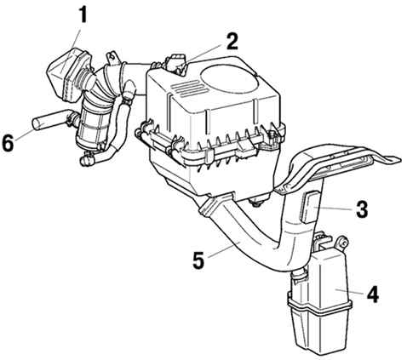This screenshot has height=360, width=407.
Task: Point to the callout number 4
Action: (x=372, y=294)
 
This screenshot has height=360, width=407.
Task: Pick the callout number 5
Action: (x=198, y=260)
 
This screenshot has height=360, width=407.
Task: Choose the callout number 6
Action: (x=8, y=143)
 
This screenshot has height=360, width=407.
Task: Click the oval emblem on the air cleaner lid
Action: (x=229, y=76)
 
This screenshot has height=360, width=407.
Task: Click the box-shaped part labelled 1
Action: (x=68, y=74)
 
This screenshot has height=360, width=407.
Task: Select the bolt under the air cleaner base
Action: (x=257, y=202)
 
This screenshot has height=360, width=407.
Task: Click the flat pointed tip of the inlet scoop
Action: (x=396, y=159)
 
